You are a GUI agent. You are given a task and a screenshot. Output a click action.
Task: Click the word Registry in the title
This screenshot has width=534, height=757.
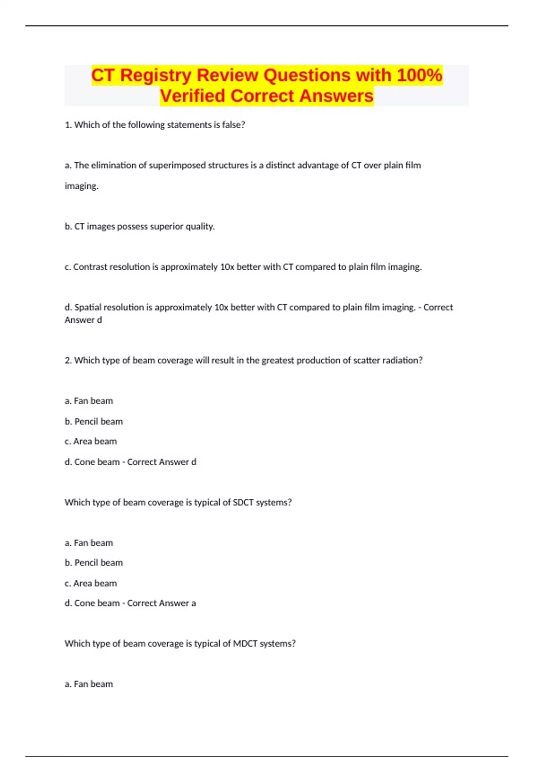155,75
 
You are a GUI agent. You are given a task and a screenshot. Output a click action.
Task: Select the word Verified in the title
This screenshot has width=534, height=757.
193,96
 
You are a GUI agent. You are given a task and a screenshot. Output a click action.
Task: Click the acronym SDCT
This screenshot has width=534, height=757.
243,502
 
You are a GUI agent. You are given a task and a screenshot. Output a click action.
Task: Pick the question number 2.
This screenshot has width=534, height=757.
68,360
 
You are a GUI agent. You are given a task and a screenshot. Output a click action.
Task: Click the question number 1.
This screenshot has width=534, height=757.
68,125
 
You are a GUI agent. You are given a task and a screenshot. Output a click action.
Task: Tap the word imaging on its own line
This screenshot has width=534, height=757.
81,186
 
